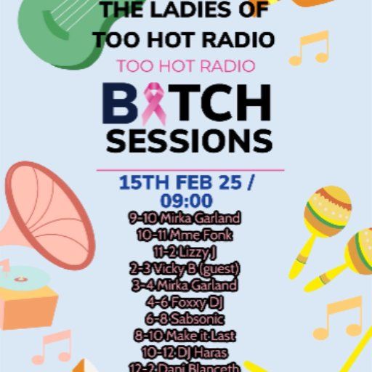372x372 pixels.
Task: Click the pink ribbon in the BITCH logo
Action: tap(153, 104)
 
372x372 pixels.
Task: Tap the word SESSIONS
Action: tap(189, 141)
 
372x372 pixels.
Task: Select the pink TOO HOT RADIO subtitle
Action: tap(186, 66)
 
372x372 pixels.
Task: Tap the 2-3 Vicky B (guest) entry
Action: tap(186, 268)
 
